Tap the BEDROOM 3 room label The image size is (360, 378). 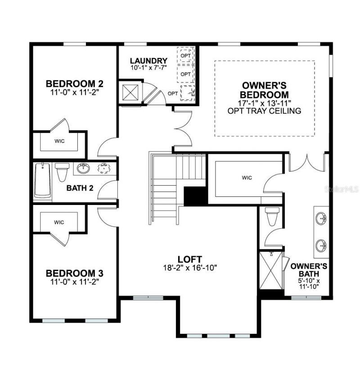(x=75, y=273)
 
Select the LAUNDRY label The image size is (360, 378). (x=148, y=61)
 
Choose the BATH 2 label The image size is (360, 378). (x=80, y=188)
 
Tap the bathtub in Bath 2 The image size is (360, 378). (x=42, y=181)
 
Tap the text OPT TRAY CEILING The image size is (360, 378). (x=264, y=111)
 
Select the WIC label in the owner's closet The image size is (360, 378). (x=247, y=178)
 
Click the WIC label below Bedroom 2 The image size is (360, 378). (x=59, y=141)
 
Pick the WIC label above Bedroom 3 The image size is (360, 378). (x=59, y=222)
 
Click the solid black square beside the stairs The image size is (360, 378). (x=194, y=196)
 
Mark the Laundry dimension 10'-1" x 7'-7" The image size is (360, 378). (x=148, y=68)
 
